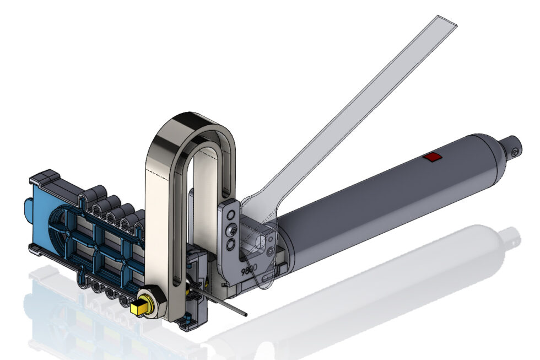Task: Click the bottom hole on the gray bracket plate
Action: click(232, 243)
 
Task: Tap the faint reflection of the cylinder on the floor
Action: click(386, 276)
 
